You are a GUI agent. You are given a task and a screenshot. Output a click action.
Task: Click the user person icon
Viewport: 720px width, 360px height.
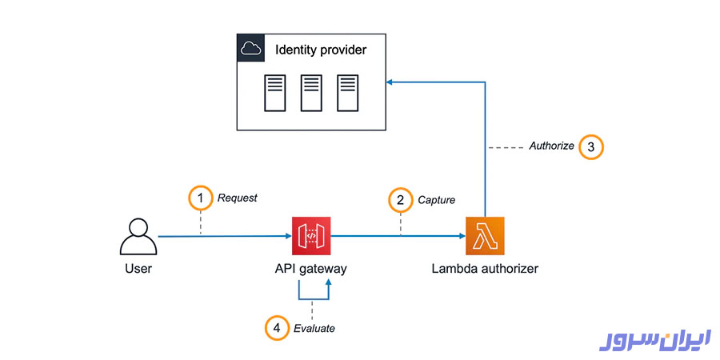(138, 236)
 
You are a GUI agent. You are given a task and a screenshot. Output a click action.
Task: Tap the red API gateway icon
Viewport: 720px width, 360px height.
(311, 236)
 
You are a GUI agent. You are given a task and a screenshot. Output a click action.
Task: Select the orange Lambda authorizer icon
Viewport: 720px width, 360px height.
(485, 236)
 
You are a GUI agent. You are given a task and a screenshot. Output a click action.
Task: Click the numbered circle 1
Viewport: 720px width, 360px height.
(200, 197)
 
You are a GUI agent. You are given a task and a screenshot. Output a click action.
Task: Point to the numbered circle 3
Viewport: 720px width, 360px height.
(590, 147)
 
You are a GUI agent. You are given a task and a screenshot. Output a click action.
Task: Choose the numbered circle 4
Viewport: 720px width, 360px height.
(276, 327)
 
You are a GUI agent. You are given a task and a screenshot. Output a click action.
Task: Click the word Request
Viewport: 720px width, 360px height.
(238, 198)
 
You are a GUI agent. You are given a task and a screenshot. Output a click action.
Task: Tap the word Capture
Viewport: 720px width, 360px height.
(437, 199)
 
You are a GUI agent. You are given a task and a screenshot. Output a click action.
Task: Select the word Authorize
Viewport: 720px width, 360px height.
(551, 146)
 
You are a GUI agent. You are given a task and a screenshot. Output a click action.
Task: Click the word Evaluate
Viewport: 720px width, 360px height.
(314, 328)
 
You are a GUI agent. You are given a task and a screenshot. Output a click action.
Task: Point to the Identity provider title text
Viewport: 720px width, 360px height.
(321, 50)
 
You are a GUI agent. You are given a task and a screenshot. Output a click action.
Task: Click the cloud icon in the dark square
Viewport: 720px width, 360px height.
(251, 49)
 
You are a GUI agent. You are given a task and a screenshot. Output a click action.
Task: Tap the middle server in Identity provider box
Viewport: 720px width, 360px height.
(311, 93)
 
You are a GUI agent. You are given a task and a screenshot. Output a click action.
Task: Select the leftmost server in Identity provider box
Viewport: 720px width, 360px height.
(274, 93)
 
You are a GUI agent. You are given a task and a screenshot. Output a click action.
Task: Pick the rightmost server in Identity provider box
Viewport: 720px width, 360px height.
(347, 93)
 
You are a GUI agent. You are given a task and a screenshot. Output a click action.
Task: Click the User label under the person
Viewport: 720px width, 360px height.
(138, 269)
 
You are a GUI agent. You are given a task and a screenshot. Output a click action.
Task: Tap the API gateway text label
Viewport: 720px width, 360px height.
(311, 269)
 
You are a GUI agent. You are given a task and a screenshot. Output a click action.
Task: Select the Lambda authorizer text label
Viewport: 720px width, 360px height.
(485, 269)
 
